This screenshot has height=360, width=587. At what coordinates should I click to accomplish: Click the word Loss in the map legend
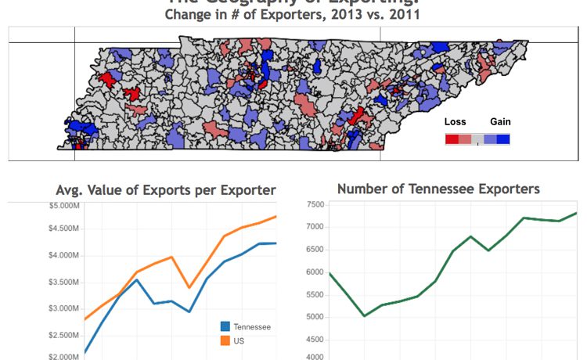455,121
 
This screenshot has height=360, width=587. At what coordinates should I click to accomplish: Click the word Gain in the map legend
500,121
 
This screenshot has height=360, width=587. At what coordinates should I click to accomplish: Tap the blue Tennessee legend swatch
225,326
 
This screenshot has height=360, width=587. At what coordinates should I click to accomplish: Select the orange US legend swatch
225,341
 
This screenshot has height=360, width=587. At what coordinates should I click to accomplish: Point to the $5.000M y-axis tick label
63,206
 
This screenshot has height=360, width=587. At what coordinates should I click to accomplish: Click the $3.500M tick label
63,281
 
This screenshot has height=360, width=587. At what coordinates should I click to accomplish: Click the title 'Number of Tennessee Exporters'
438,189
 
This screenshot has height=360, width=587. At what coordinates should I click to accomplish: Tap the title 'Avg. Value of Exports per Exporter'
166,189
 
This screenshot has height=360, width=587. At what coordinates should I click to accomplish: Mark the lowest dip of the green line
365,316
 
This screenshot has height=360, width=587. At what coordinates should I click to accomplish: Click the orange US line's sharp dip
189,287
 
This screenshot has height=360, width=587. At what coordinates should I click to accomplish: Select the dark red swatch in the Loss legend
452,139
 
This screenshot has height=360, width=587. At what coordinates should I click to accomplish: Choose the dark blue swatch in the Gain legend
502,139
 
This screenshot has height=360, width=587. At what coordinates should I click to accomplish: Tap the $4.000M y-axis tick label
63,256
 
